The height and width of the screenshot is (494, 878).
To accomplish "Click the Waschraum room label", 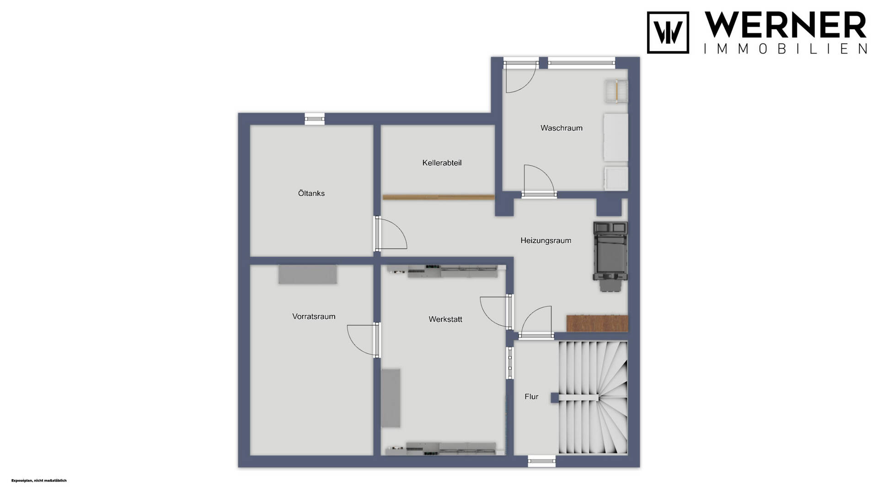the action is [x=561, y=128].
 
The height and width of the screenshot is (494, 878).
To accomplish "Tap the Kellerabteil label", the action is [x=442, y=163].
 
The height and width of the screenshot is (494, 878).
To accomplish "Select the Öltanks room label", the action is [x=311, y=193].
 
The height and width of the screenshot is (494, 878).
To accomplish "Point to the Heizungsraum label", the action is [x=546, y=241].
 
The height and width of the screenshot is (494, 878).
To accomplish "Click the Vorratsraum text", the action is [x=314, y=317].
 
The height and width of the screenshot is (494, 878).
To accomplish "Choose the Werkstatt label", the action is [x=445, y=319].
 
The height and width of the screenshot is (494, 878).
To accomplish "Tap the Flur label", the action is [x=531, y=397].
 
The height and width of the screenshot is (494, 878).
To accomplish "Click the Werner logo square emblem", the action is [x=668, y=32].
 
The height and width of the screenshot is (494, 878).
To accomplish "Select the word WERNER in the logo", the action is [x=785, y=25].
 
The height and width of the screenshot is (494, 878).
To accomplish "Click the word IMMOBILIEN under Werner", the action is [x=785, y=49].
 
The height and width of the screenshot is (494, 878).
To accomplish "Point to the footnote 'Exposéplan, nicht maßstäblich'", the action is [x=39, y=480].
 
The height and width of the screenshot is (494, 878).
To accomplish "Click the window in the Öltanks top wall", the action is [x=315, y=119].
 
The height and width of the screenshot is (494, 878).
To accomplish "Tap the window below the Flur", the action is [x=541, y=461].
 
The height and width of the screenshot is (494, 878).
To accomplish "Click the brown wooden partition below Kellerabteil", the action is [x=439, y=198].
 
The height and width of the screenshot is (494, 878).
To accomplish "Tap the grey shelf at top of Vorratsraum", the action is [x=308, y=274].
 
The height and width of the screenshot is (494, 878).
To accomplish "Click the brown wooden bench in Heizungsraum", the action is [x=597, y=323].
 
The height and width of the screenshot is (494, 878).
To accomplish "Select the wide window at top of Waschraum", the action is [x=581, y=63].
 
